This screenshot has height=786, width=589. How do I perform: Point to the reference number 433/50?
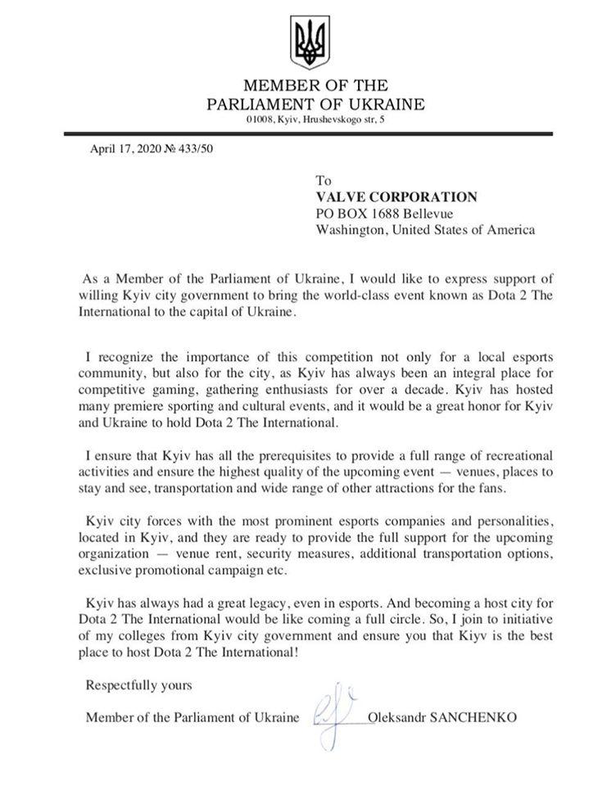(x=197, y=148)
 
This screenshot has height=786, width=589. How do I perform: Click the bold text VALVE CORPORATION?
(x=397, y=196)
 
